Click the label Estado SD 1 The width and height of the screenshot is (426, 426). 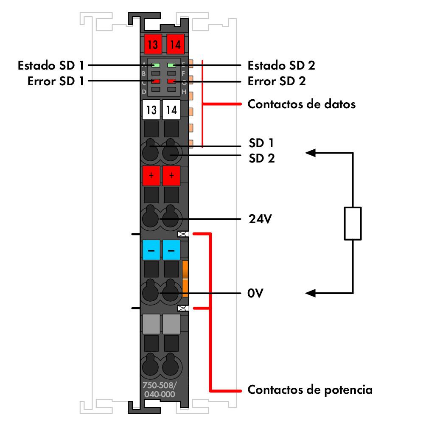(51, 66)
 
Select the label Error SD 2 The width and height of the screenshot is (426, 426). (277, 81)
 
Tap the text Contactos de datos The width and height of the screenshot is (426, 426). (301, 104)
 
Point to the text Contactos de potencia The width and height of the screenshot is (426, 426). (310, 390)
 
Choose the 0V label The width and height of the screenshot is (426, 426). (256, 293)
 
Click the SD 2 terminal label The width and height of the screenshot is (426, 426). (261, 158)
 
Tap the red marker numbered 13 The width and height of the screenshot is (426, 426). (151, 43)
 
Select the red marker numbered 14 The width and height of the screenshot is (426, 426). (175, 43)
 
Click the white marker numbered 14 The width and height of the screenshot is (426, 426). (171, 110)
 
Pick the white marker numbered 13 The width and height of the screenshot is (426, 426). (151, 110)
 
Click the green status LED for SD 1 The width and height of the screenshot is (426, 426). (156, 65)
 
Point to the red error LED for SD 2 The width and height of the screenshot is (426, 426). (172, 81)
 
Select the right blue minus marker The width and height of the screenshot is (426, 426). (171, 250)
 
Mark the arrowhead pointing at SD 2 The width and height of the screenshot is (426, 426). (310, 153)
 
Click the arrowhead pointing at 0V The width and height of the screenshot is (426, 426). (310, 293)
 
